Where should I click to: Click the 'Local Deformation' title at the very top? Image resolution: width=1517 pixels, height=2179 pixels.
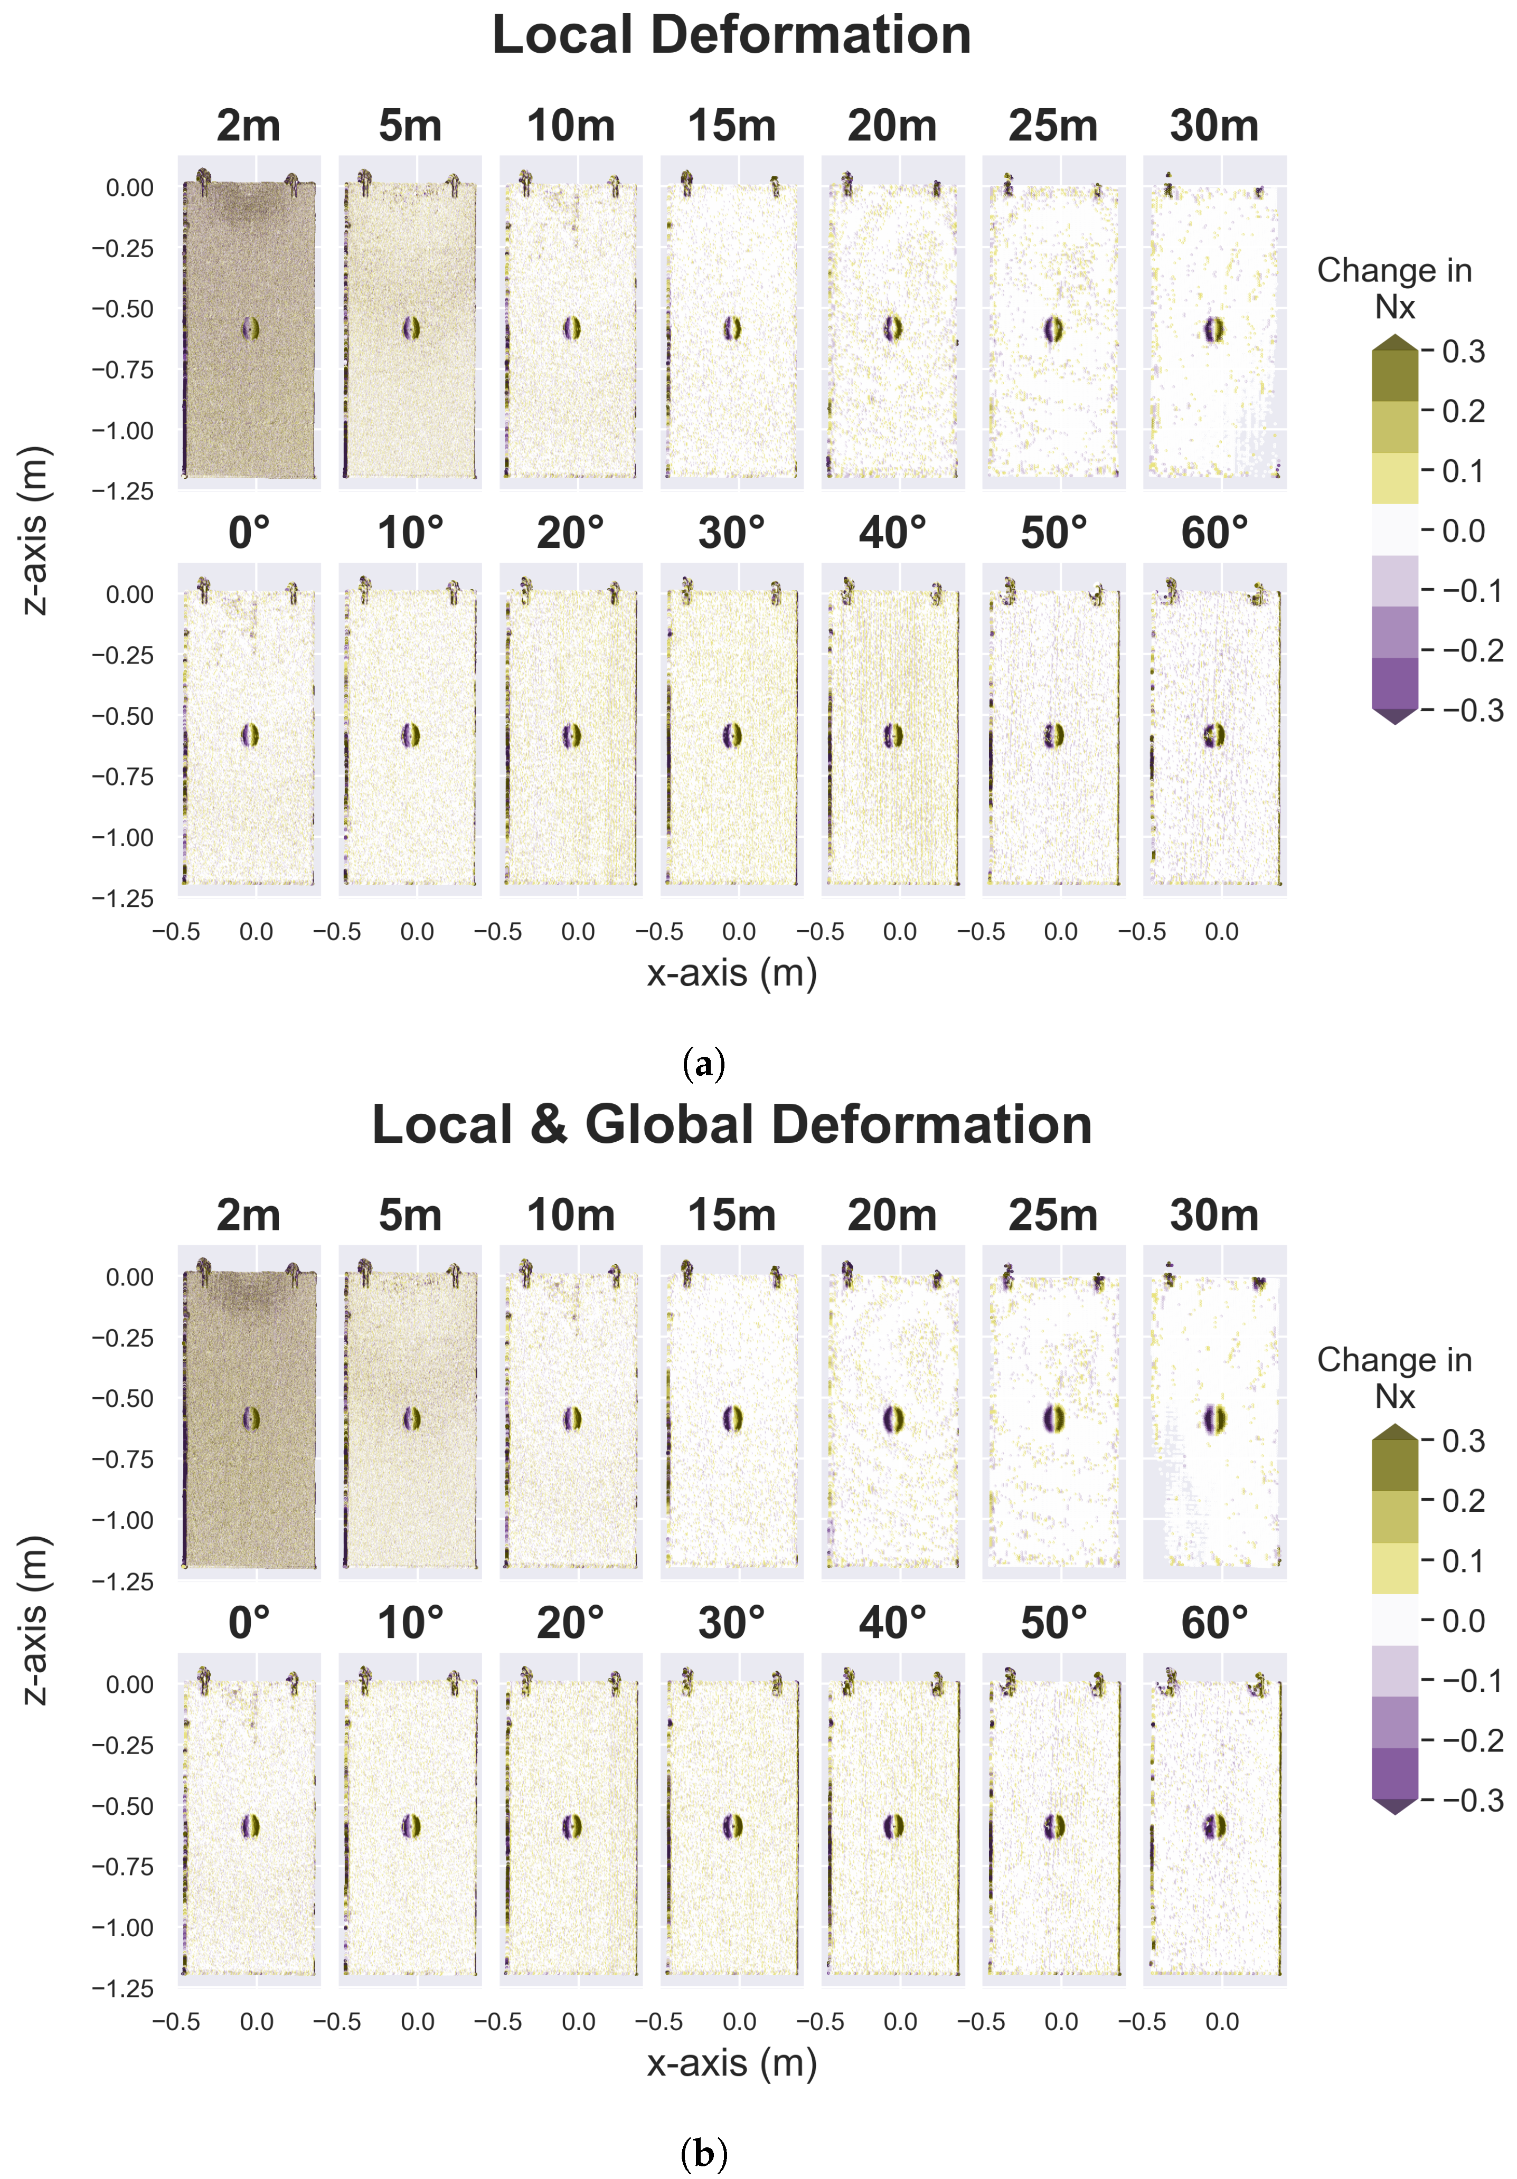coord(731,36)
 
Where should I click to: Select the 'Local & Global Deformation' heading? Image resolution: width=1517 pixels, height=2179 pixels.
coord(731,1125)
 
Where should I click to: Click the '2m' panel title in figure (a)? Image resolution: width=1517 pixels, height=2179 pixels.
coord(249,126)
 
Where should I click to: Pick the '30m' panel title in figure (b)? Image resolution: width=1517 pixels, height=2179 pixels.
coord(1214,1216)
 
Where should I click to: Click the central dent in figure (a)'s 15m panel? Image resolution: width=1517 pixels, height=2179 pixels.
coord(732,328)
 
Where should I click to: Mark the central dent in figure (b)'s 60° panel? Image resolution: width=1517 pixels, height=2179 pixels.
coord(1214,1826)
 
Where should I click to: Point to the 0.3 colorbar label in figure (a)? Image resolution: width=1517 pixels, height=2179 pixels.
coord(1463,352)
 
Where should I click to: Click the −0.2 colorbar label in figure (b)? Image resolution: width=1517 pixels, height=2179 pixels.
coord(1472,1740)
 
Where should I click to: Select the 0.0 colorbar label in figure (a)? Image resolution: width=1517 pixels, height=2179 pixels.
coord(1463,532)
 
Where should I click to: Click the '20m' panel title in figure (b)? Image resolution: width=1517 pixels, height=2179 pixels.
coord(892,1216)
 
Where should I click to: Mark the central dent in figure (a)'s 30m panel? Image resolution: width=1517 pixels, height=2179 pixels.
coord(1214,329)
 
